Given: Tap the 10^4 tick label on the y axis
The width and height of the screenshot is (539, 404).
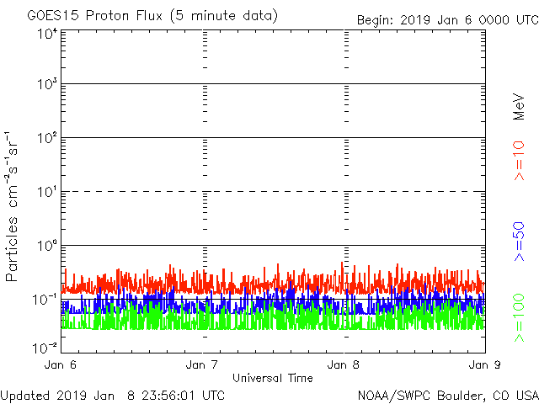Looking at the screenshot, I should [45, 35].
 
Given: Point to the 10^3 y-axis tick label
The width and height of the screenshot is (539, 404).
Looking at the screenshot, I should [45, 85].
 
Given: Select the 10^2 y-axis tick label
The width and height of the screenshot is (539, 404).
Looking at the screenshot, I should [45, 139].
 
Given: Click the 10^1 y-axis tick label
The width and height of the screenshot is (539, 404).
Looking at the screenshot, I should [45, 193].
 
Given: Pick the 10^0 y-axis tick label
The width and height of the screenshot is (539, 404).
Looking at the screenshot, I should [45, 247].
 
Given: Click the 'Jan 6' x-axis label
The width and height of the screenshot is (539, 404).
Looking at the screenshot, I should [61, 365].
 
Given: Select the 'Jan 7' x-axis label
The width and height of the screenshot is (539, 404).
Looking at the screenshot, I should [203, 365].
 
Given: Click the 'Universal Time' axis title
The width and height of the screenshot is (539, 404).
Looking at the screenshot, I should [273, 379].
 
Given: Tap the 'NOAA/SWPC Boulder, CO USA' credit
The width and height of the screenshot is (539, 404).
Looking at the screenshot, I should [447, 395].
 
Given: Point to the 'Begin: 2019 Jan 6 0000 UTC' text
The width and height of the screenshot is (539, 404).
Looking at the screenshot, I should [446, 19].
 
